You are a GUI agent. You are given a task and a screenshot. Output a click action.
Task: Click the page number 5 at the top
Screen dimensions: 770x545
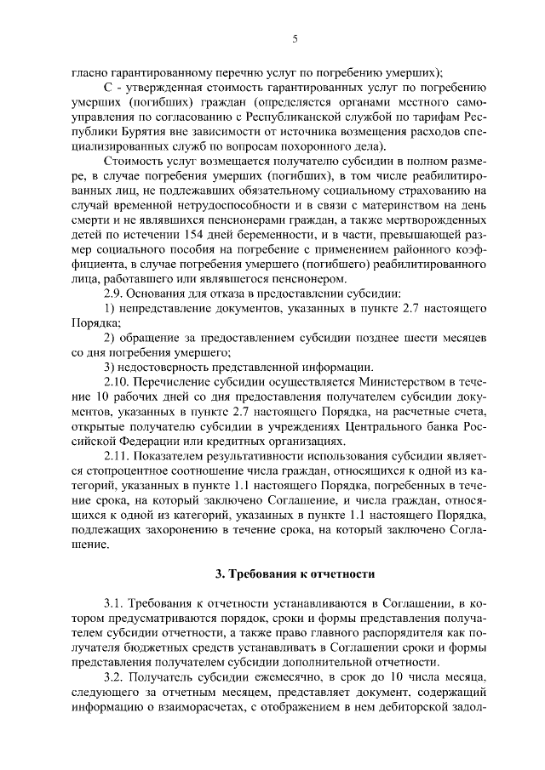tap(294, 38)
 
